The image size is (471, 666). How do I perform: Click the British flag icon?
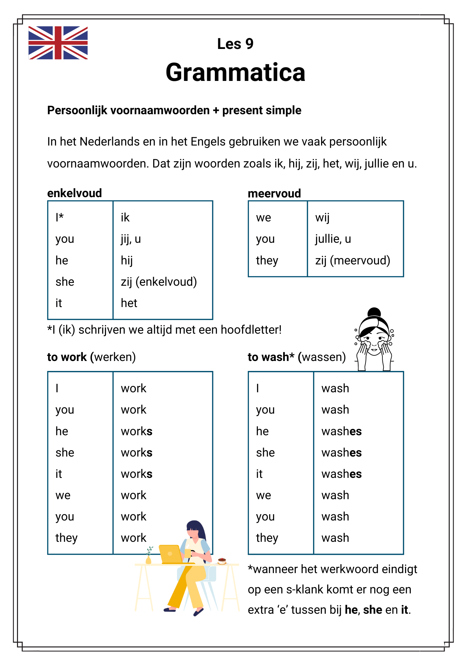[x=58, y=43]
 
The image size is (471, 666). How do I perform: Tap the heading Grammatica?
[x=235, y=73]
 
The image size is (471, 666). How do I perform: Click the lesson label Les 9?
[x=235, y=44]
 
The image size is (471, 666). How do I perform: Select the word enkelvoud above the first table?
[x=74, y=193]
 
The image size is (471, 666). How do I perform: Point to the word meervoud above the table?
[x=274, y=193]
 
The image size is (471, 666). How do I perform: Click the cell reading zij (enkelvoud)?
[x=159, y=282]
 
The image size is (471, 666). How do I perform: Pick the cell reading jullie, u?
[x=333, y=239]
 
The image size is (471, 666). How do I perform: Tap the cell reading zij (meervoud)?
[x=352, y=260]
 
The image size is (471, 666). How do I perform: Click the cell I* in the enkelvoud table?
[x=60, y=217]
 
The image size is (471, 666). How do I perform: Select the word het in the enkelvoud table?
[x=129, y=303]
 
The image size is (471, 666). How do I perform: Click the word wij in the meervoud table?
[x=322, y=218]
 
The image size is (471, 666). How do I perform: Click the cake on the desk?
[x=222, y=561]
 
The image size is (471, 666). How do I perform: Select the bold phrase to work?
[x=67, y=357]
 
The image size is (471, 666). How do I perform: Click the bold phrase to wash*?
[x=271, y=357]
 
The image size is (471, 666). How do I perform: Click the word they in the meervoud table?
[x=267, y=260]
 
